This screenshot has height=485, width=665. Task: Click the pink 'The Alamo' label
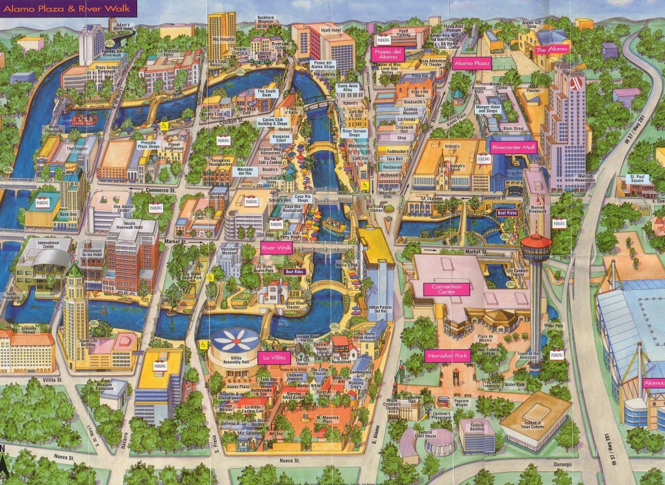pos(551,50)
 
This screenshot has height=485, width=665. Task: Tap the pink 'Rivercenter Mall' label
pos(513,147)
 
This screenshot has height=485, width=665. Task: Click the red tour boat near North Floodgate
pos(84,120)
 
